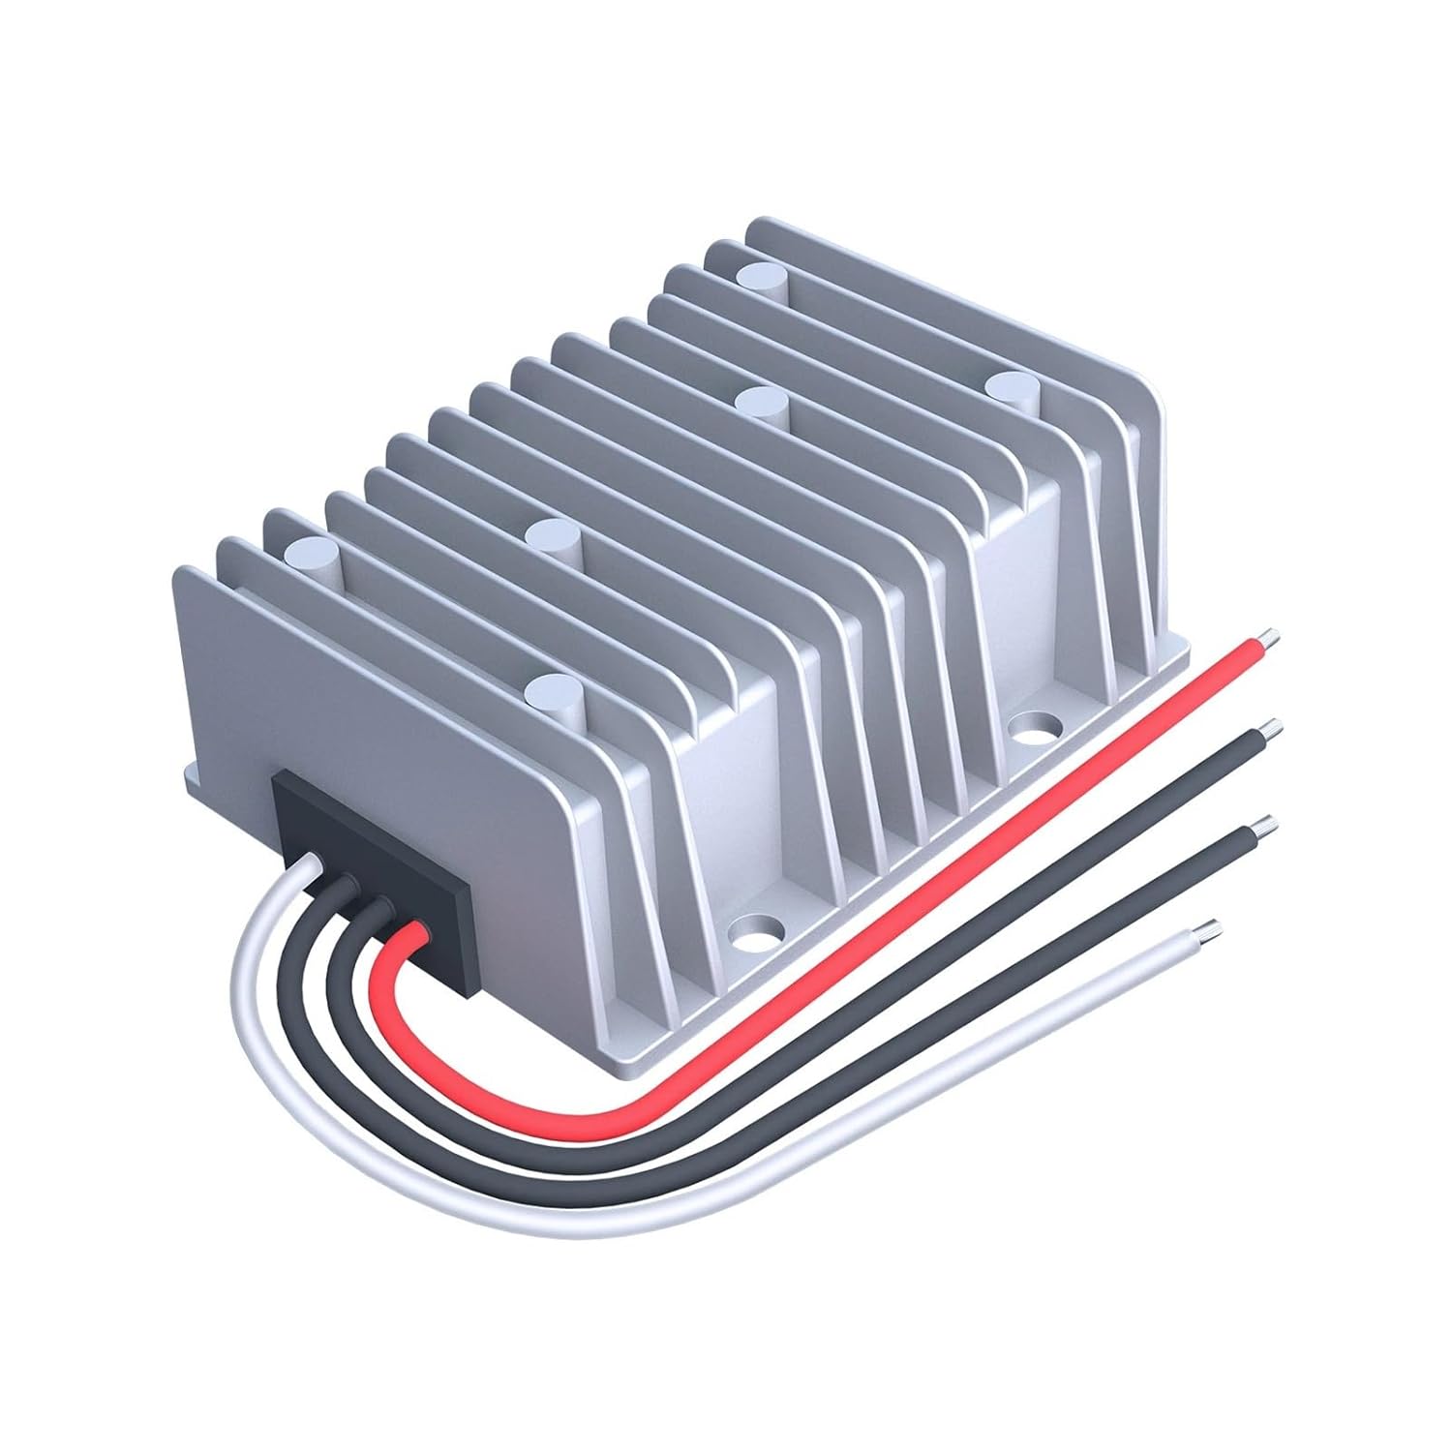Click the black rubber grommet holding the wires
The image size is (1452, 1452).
point(373,881)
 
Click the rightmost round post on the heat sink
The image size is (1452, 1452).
point(1010,385)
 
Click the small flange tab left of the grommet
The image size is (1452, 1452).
point(194,775)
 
